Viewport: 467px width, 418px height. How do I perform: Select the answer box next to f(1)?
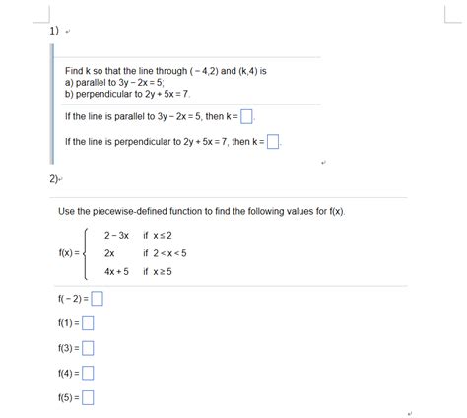point(89,322)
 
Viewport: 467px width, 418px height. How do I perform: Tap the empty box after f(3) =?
point(89,347)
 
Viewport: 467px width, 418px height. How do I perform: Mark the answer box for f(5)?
point(89,397)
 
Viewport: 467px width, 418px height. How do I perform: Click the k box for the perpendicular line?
point(273,142)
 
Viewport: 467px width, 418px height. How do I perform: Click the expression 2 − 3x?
point(116,236)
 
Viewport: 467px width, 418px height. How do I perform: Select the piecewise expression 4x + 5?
point(116,271)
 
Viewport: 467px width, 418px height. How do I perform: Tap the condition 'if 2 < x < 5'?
point(166,253)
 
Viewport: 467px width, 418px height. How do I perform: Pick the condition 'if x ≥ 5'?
point(159,271)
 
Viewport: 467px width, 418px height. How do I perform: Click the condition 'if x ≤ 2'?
point(159,236)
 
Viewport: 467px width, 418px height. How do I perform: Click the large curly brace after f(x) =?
point(89,253)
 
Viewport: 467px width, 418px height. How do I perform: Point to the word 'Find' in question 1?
point(75,73)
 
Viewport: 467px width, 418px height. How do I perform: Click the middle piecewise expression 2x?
point(109,253)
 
